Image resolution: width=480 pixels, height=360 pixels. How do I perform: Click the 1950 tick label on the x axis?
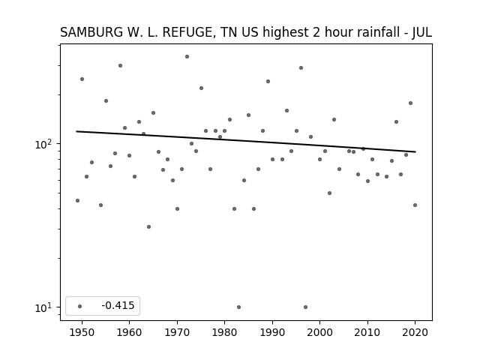point(82,333)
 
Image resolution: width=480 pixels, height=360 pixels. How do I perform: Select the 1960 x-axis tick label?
point(129,333)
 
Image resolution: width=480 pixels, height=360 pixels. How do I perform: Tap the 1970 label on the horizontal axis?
point(177,333)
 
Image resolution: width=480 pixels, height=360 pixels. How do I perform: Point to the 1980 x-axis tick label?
point(224,333)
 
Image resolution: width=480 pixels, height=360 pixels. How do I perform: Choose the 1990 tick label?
point(272,333)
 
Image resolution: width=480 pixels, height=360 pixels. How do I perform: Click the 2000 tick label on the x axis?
point(319,333)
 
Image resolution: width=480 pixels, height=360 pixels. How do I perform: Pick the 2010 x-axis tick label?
point(367,333)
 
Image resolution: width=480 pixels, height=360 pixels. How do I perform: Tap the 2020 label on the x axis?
point(415,333)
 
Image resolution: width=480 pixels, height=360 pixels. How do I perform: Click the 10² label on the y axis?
point(45,144)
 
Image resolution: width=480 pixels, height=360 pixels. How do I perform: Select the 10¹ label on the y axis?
point(45,307)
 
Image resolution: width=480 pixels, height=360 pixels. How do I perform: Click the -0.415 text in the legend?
point(118,305)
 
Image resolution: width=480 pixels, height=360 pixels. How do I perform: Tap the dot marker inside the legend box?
point(80,306)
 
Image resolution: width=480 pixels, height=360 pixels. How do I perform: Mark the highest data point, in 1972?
point(187,57)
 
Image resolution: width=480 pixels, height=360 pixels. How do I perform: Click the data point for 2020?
point(415,205)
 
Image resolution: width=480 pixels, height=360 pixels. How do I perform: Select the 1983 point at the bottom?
point(238,307)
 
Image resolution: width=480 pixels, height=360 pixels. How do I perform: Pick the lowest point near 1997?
point(305,307)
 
